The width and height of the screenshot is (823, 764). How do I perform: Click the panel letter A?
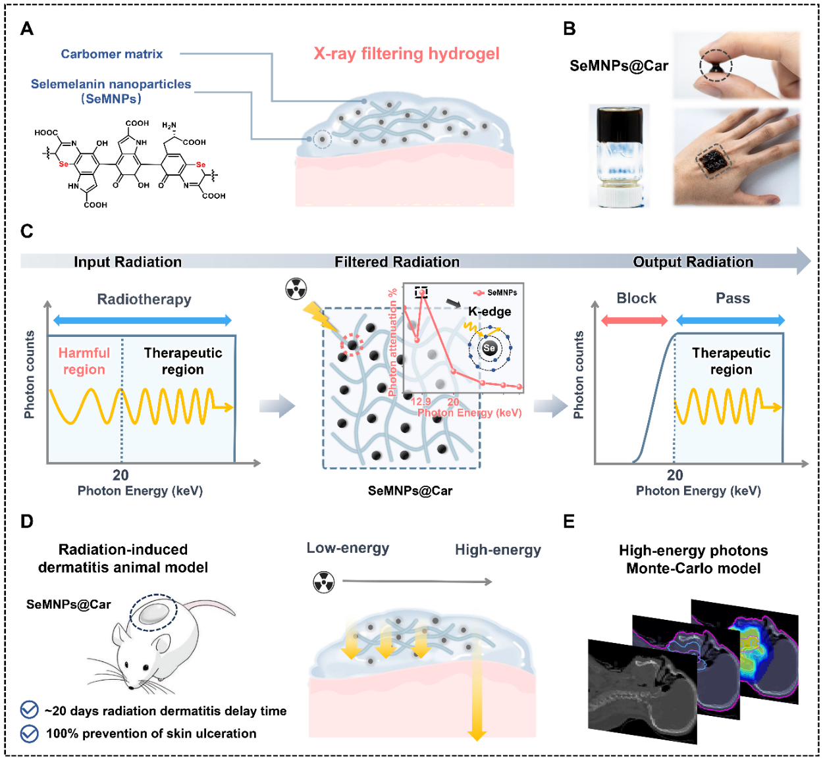(27, 29)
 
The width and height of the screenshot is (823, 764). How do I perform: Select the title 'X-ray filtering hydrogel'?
(406, 54)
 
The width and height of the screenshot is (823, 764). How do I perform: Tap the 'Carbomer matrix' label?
(111, 54)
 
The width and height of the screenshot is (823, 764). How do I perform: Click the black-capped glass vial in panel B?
(619, 156)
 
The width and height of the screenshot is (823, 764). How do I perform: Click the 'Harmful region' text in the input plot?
(84, 361)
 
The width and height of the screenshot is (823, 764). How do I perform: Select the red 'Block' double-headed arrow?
(634, 320)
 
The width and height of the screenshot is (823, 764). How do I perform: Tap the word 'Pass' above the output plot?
(733, 299)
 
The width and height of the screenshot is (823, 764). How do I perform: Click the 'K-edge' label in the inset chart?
(489, 311)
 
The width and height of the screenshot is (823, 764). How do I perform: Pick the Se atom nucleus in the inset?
(489, 348)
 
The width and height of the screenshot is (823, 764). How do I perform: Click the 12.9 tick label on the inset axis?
(421, 401)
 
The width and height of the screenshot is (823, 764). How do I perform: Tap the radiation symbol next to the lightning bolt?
(296, 288)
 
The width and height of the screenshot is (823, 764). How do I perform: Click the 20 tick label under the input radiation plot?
(120, 475)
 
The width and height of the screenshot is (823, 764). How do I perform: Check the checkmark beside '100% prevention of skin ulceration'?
(30, 733)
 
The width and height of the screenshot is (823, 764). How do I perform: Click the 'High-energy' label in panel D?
(498, 550)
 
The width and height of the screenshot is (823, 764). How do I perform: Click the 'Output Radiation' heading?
(693, 262)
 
